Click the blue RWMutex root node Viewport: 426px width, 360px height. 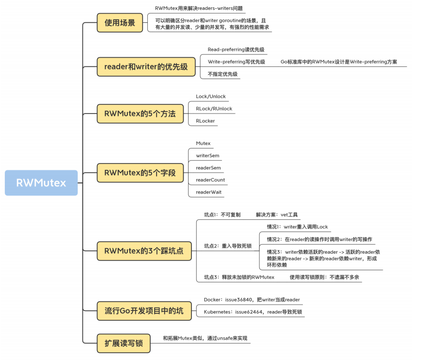(x=41, y=183)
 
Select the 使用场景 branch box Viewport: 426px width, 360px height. (x=120, y=23)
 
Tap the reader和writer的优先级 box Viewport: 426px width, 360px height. (x=146, y=66)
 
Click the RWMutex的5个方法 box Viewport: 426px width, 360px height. (x=140, y=114)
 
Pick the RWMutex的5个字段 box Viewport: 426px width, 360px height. (x=140, y=172)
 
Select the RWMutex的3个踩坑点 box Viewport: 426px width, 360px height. (x=144, y=251)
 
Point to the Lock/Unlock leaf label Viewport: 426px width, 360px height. (x=211, y=97)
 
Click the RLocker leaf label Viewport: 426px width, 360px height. (x=205, y=121)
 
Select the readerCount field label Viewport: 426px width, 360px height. (x=210, y=180)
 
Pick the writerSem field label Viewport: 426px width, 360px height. (x=207, y=156)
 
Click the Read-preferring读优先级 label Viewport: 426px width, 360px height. (x=236, y=49)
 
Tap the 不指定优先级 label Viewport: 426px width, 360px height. (x=222, y=74)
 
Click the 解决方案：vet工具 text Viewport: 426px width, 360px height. (x=277, y=214)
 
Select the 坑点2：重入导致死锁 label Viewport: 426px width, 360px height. (x=228, y=246)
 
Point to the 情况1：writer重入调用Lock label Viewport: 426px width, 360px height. (x=298, y=227)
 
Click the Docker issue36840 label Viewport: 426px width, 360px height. (x=252, y=300)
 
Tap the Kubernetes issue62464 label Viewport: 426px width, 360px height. (x=252, y=312)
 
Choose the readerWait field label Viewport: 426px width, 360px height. (x=209, y=192)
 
